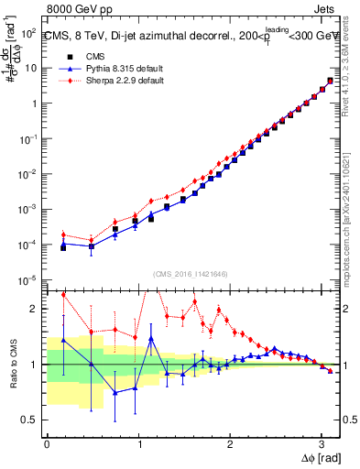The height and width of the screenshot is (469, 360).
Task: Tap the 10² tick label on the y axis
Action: (x=29, y=32)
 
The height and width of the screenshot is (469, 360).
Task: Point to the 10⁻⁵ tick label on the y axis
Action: (x=29, y=279)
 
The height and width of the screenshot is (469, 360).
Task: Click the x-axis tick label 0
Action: (x=47, y=443)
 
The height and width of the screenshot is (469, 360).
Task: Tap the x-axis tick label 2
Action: (x=229, y=443)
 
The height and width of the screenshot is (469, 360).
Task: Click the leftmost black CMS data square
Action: (x=63, y=247)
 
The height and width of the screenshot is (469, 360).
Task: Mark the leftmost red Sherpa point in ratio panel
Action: (x=63, y=295)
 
